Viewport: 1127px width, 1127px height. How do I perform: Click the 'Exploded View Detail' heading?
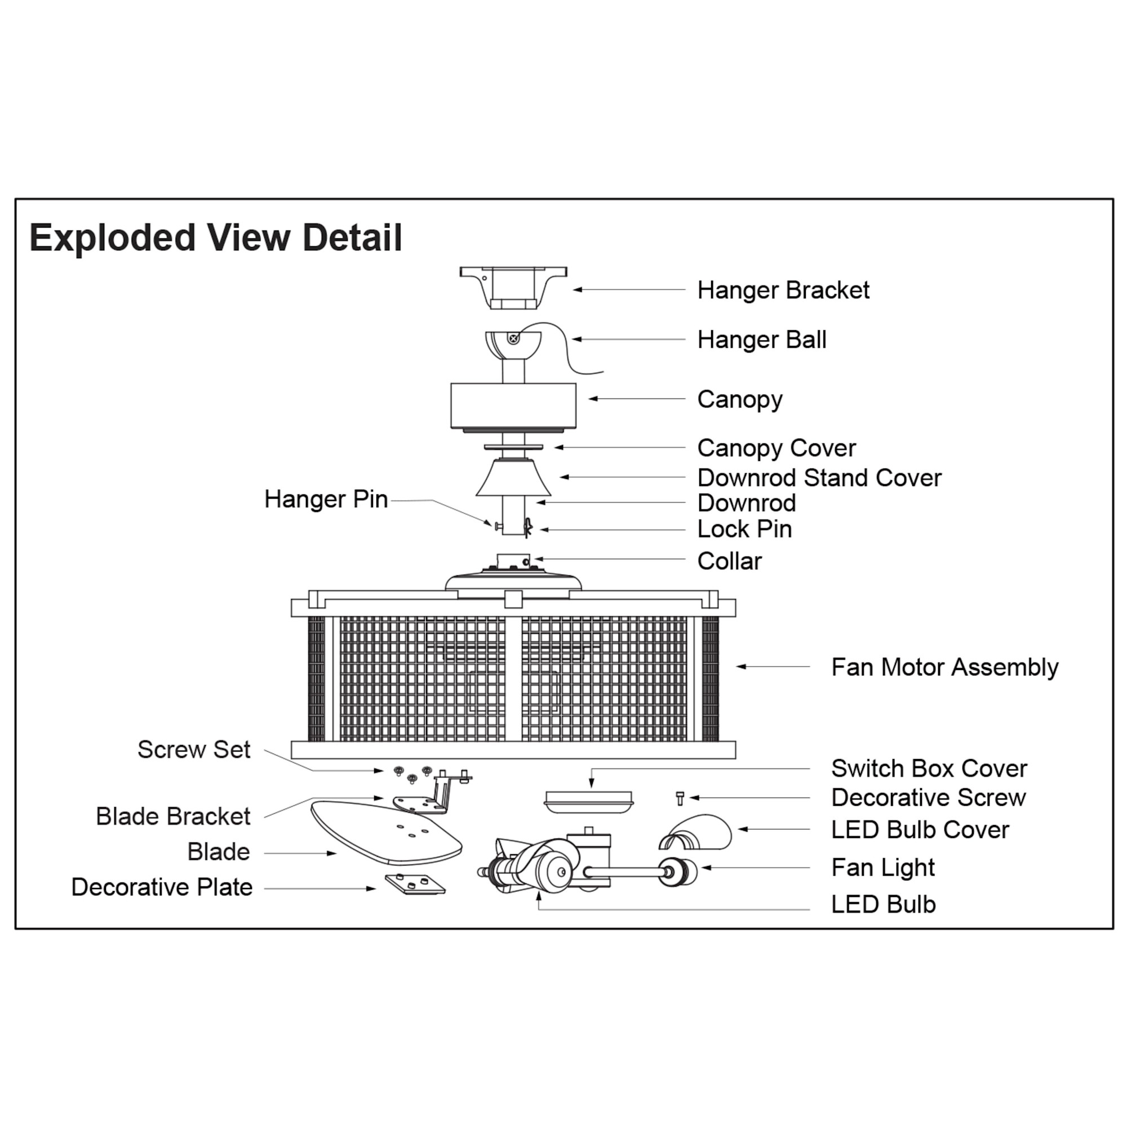[x=215, y=238]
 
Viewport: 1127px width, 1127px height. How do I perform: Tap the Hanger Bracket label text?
[x=783, y=290]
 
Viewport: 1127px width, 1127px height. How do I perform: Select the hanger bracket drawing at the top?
[x=513, y=287]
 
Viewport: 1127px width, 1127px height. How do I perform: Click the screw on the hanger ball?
[x=513, y=338]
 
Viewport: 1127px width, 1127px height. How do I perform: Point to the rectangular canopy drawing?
[x=513, y=405]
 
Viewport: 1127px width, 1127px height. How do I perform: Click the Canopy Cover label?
[x=776, y=448]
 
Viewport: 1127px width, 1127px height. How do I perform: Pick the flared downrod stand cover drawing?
[x=513, y=478]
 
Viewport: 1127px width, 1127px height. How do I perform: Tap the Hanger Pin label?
[x=326, y=499]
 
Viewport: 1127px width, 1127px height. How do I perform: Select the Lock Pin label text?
[x=744, y=529]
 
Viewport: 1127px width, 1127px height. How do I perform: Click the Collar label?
[x=729, y=561]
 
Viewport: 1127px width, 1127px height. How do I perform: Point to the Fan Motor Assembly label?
[x=944, y=667]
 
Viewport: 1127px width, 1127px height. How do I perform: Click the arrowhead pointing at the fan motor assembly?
[x=742, y=666]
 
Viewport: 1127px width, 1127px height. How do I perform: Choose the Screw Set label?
[x=194, y=749]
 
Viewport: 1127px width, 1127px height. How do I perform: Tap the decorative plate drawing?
[x=415, y=884]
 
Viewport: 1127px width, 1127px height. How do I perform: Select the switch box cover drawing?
[x=588, y=801]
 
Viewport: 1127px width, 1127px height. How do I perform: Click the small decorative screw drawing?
[x=680, y=798]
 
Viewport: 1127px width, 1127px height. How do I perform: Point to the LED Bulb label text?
[x=883, y=905]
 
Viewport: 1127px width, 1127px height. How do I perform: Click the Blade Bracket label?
[x=172, y=817]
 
